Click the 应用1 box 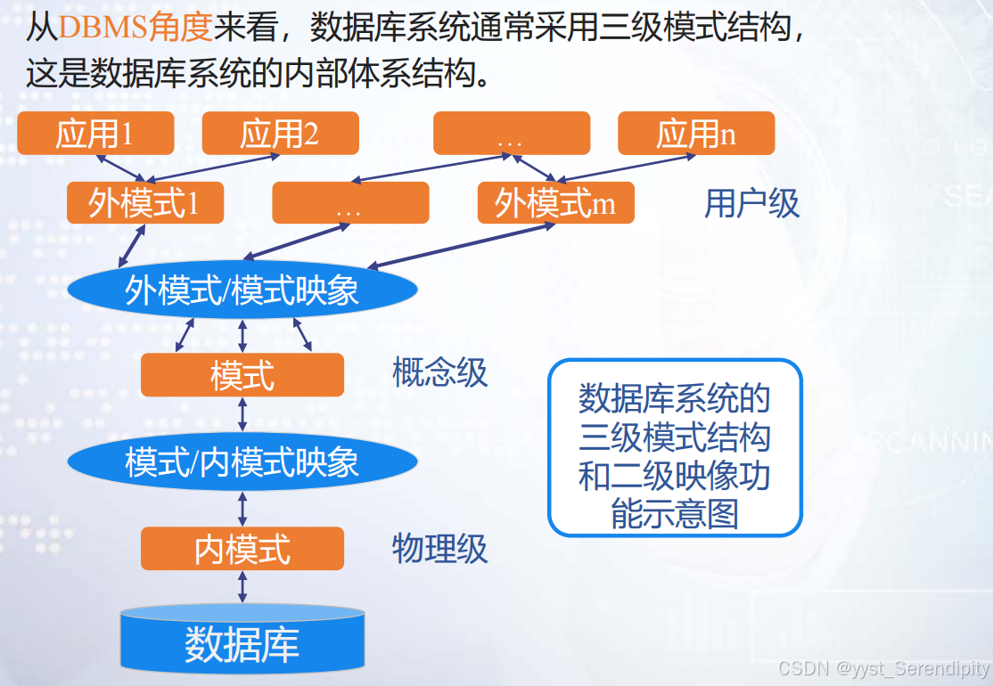pyautogui.click(x=95, y=134)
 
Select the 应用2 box pyautogui.click(x=280, y=134)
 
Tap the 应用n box pyautogui.click(x=696, y=134)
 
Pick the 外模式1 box pyautogui.click(x=144, y=203)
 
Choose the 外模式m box pyautogui.click(x=555, y=203)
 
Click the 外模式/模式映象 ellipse pyautogui.click(x=242, y=290)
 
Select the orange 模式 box pyautogui.click(x=242, y=375)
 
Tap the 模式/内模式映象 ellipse pyautogui.click(x=242, y=461)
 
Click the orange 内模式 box pyautogui.click(x=242, y=549)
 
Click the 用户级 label pyautogui.click(x=751, y=203)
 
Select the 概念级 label pyautogui.click(x=440, y=372)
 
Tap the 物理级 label pyautogui.click(x=440, y=548)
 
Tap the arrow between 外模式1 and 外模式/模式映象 pyautogui.click(x=132, y=245)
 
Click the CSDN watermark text pyautogui.click(x=883, y=668)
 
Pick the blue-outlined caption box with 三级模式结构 pyautogui.click(x=675, y=447)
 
